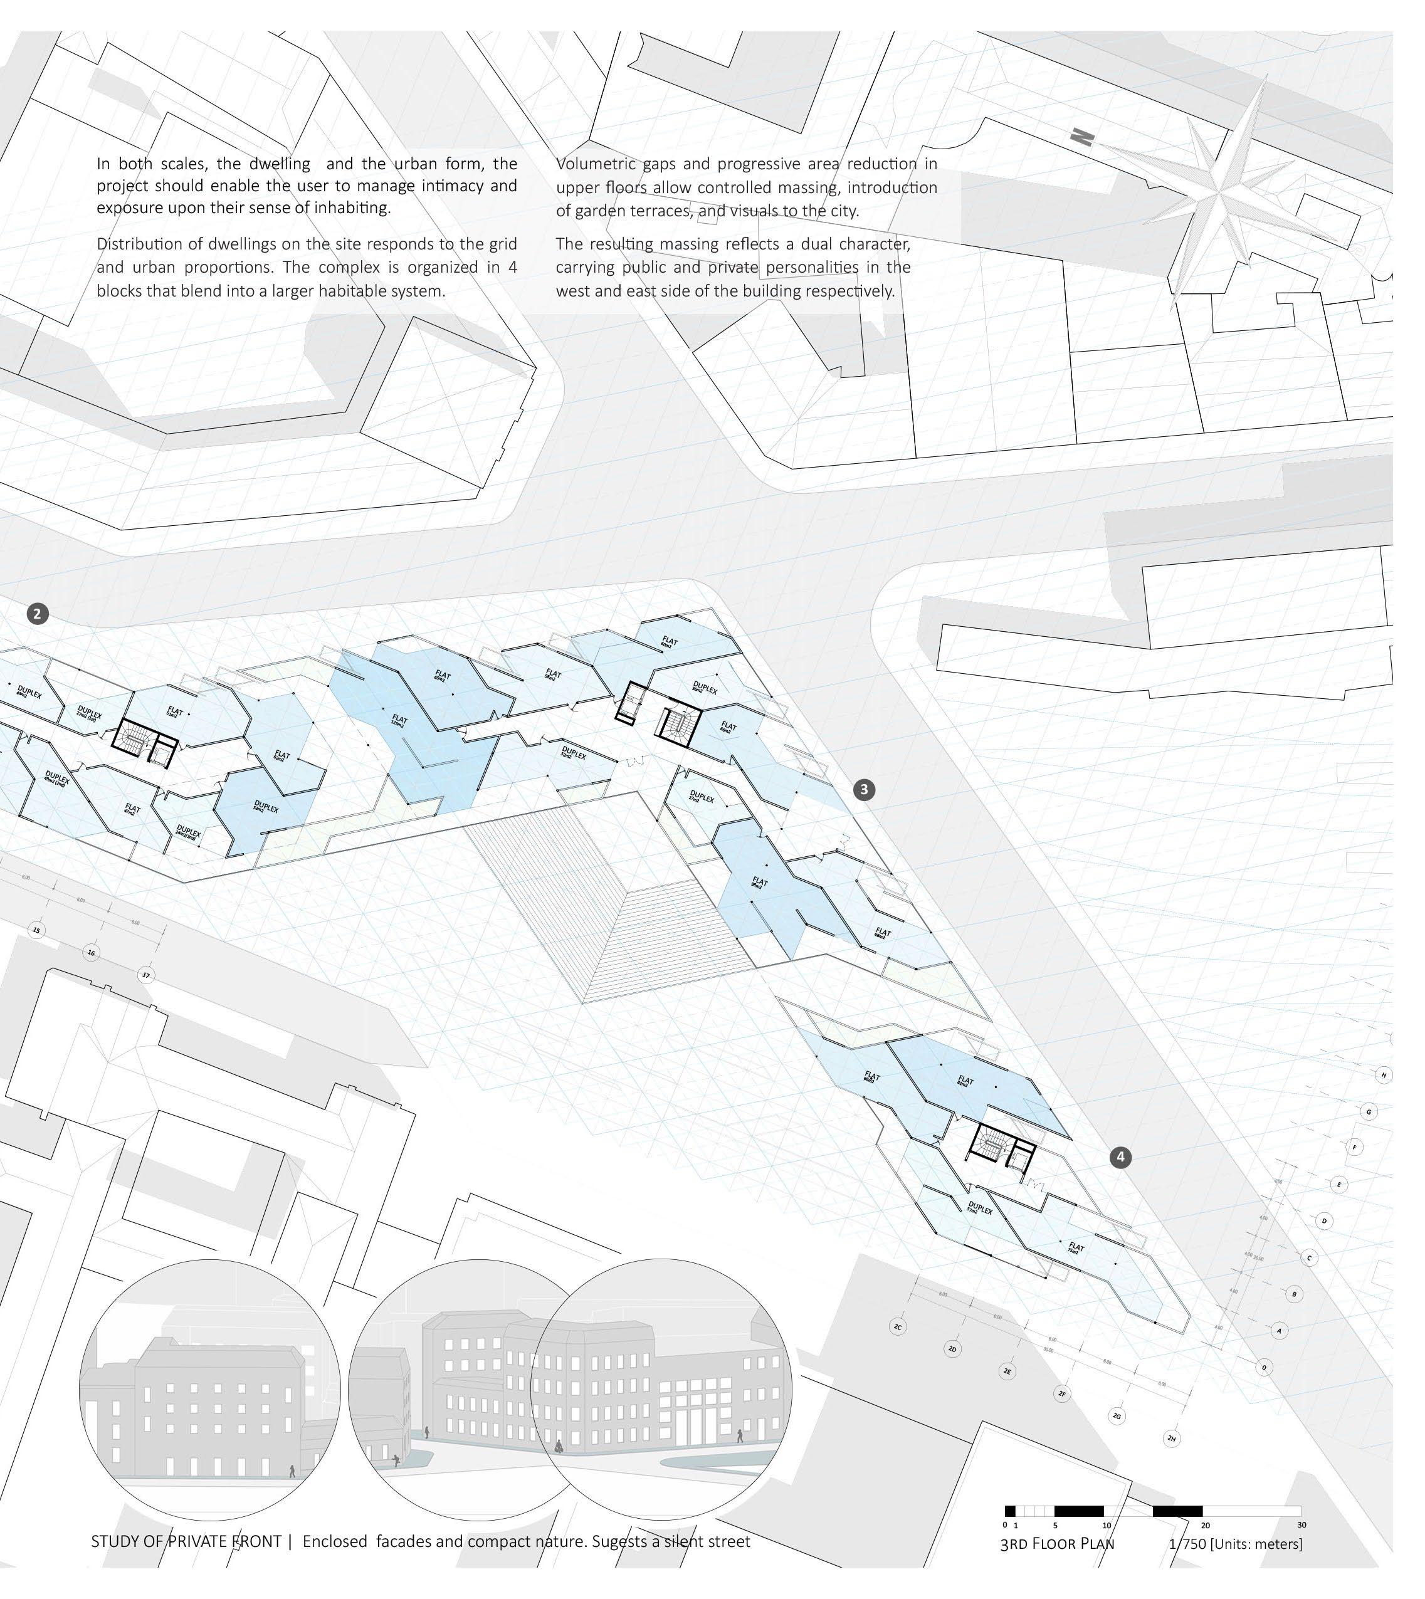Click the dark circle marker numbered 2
tap(38, 614)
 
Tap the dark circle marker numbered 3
tap(864, 789)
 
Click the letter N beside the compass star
tap(1081, 139)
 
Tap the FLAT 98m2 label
tap(759, 882)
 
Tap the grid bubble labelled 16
tap(92, 953)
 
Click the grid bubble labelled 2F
tap(1063, 1394)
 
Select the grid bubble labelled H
tap(1384, 1074)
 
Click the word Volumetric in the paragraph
tap(595, 164)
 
